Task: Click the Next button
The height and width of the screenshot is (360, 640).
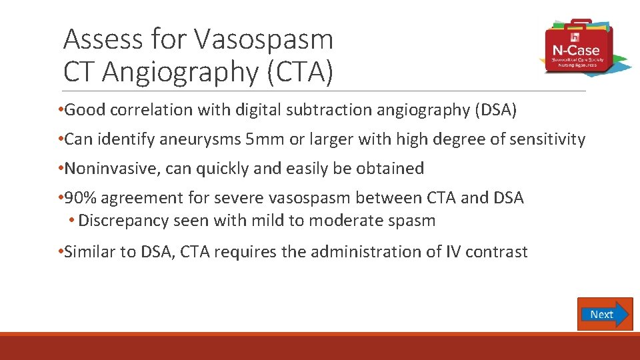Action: pyautogui.click(x=605, y=314)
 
